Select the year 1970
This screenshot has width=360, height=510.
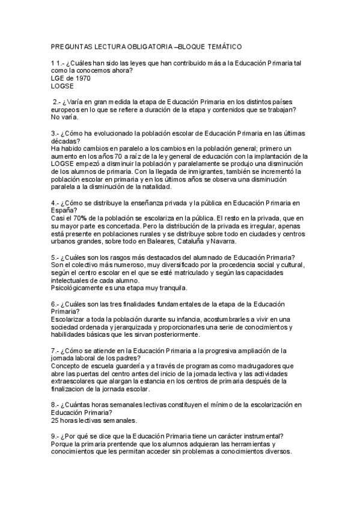(x=80, y=78)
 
